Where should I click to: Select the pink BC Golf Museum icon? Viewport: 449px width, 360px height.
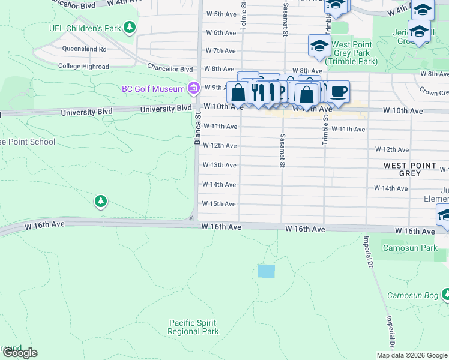coord(193,89)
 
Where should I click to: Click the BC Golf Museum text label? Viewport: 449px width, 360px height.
coord(153,89)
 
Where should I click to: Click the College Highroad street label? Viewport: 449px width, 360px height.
coord(83,67)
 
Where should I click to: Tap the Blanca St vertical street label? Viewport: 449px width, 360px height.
coord(196,126)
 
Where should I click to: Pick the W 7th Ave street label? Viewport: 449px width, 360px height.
coord(220,51)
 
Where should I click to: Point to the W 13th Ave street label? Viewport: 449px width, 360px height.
coord(220,165)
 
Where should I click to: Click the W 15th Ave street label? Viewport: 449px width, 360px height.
coord(219,204)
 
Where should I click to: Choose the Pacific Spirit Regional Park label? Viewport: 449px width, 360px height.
coord(193,327)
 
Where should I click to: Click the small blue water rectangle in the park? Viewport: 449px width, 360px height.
coord(266,271)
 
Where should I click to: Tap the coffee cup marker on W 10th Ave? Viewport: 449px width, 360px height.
coord(339,92)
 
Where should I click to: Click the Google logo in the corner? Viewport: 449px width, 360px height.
coord(19,353)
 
